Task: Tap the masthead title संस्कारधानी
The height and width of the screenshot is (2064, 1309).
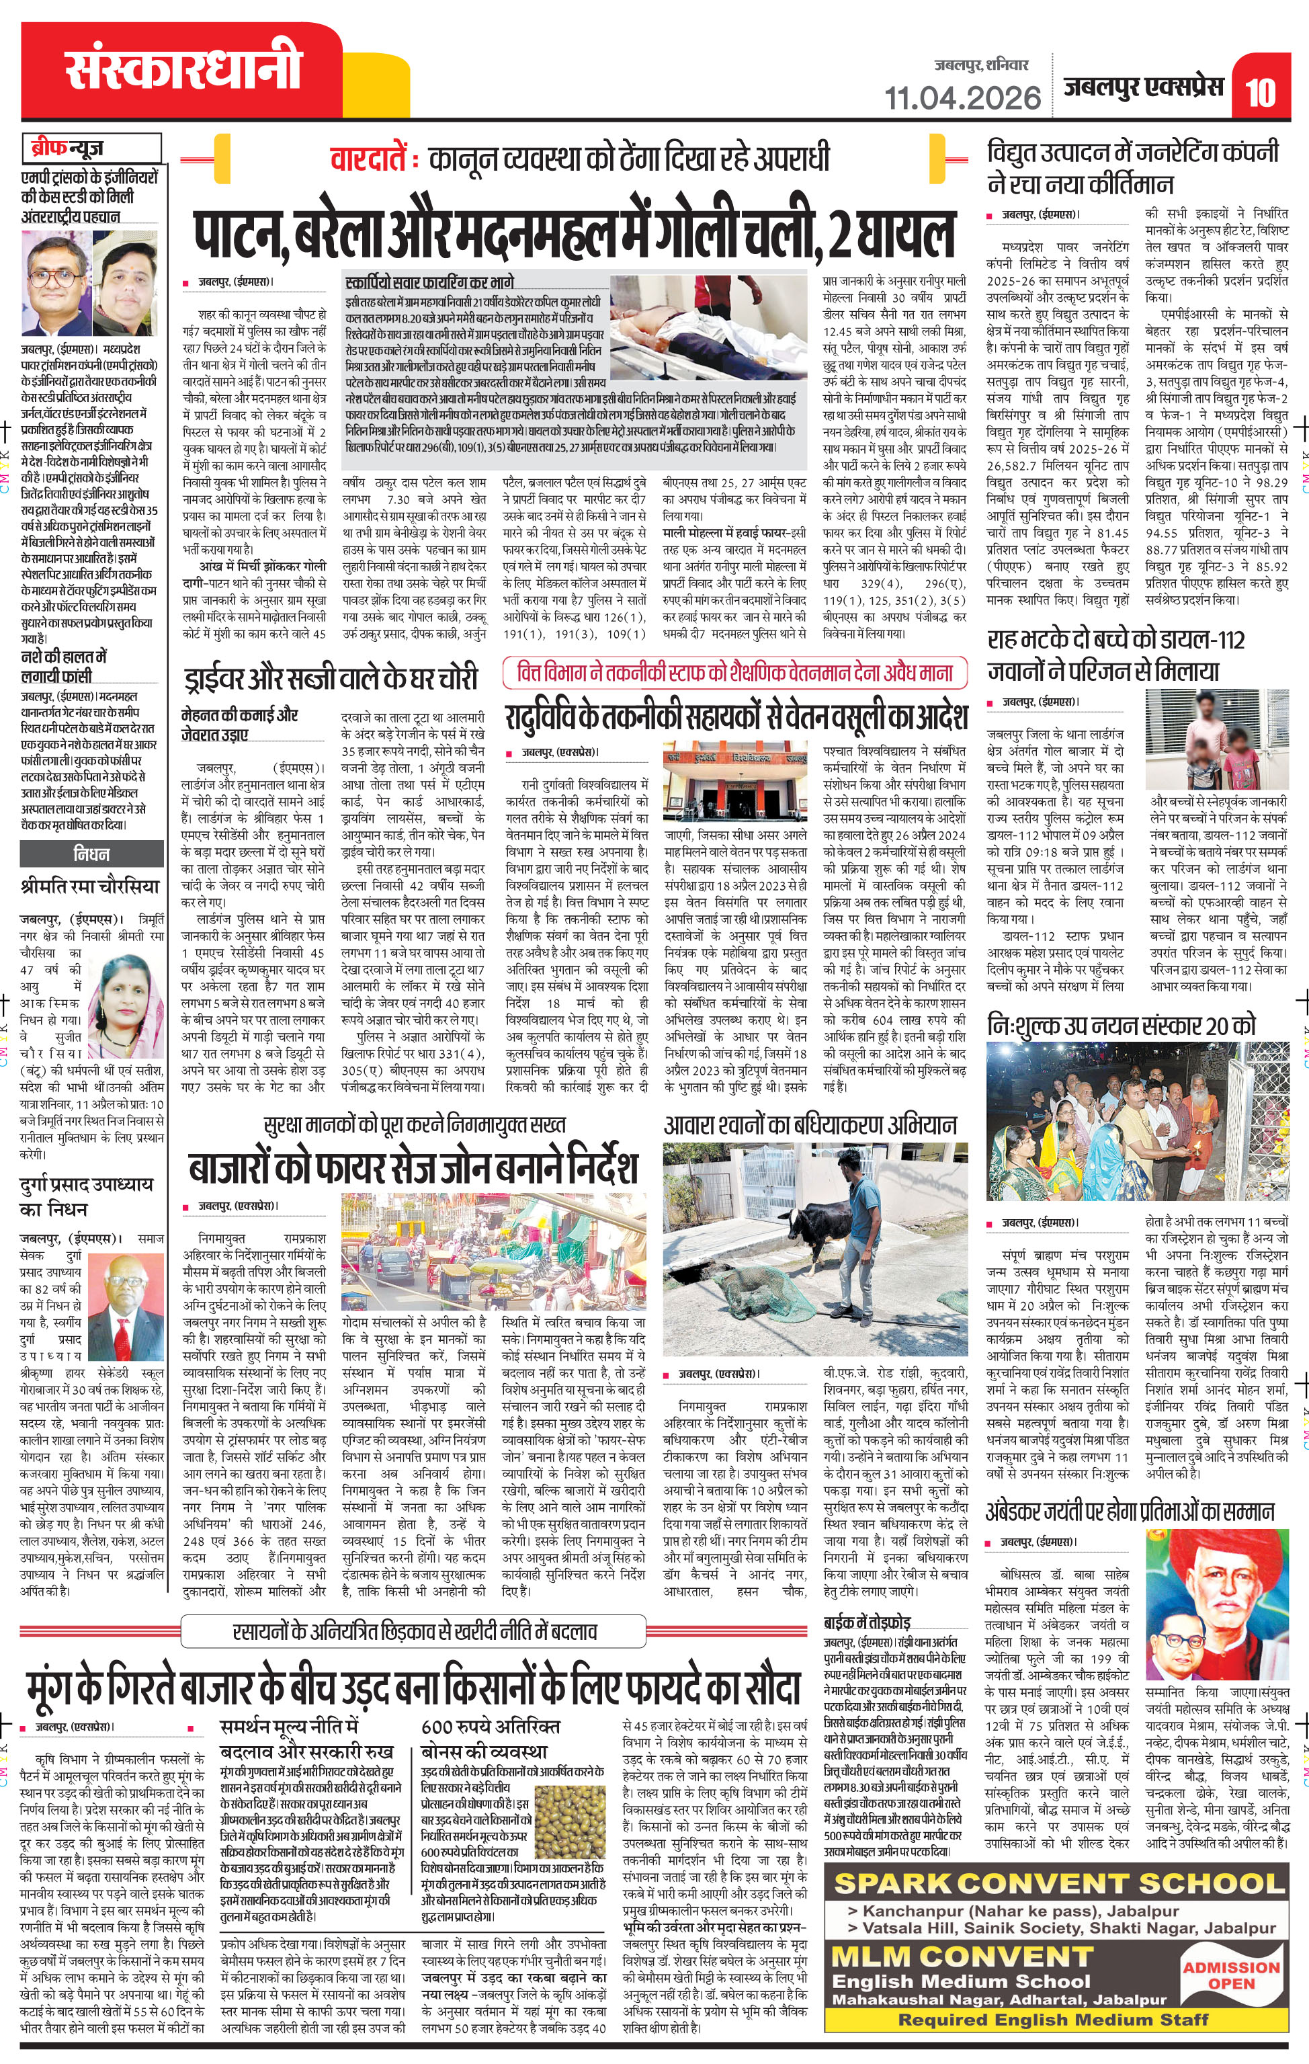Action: [x=183, y=69]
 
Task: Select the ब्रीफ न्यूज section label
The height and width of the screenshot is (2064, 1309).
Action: [x=91, y=147]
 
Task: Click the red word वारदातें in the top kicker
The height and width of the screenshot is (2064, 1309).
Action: [x=370, y=159]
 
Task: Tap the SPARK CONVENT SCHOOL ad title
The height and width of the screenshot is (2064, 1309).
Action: [x=1060, y=1883]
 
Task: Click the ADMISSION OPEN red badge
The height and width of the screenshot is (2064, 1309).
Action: [x=1230, y=1975]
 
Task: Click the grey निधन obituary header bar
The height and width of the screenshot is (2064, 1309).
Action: [x=91, y=853]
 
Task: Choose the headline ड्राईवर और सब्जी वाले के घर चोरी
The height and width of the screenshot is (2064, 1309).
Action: [x=330, y=678]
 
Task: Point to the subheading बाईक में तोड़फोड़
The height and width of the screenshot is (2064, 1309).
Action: [x=867, y=1622]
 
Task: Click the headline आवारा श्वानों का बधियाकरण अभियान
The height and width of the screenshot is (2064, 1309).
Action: [x=810, y=1126]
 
